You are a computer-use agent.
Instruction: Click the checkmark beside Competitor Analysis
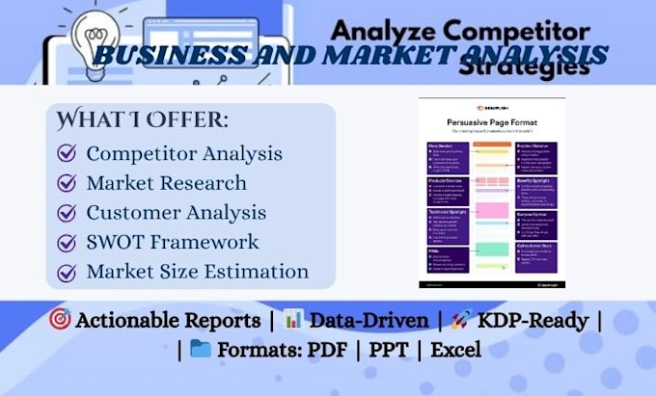point(68,153)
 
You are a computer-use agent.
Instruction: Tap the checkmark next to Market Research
point(68,183)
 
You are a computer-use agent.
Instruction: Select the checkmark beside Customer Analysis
point(68,213)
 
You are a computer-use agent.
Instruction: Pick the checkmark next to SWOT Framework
point(68,243)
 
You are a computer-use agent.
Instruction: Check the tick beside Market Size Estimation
point(68,273)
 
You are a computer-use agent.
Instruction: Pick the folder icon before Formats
point(201,348)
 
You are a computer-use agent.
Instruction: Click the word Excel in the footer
point(455,349)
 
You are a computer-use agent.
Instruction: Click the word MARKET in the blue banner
point(341,55)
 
